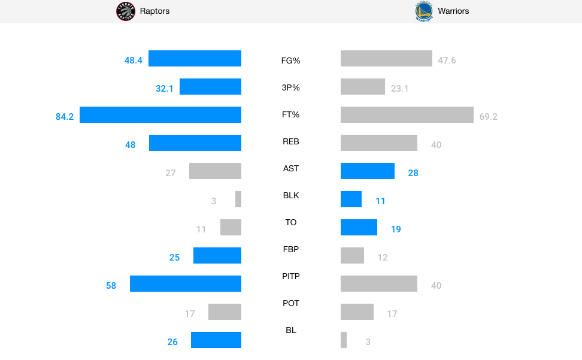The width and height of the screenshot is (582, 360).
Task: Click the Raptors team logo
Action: [126, 11]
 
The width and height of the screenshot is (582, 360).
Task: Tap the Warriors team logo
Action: [424, 11]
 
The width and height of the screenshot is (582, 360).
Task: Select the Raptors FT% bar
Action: [160, 114]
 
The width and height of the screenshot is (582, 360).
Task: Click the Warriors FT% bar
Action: [407, 114]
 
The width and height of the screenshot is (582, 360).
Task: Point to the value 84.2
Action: [65, 117]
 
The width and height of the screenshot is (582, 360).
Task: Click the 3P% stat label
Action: [291, 87]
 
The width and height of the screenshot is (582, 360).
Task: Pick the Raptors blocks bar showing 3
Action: [238, 199]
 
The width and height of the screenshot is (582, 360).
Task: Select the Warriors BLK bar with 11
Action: [351, 199]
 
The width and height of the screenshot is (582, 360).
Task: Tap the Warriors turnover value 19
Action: [396, 229]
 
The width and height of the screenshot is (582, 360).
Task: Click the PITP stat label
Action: [291, 276]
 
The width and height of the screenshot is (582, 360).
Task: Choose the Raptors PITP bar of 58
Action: [186, 283]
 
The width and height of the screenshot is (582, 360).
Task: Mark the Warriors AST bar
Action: [368, 171]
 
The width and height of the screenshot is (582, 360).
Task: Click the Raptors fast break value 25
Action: [174, 258]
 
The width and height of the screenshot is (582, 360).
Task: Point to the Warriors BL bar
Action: [344, 340]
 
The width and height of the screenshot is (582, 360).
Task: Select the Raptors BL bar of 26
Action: [216, 340]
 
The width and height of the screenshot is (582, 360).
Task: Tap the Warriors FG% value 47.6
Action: [447, 60]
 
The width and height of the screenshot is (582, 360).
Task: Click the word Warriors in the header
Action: [453, 11]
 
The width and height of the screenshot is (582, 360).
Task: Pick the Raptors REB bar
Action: [195, 143]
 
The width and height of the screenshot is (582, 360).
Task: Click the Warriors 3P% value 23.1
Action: [399, 89]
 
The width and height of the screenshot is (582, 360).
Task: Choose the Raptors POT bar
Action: [225, 311]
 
